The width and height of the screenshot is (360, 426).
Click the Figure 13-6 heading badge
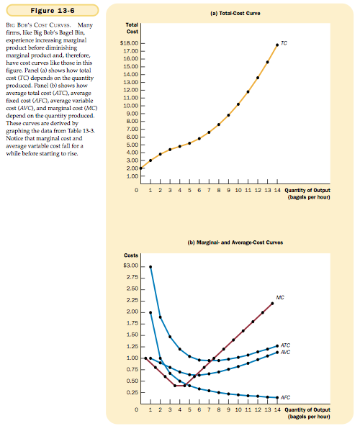click(x=53, y=11)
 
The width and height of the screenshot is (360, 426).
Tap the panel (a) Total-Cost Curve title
click(x=235, y=13)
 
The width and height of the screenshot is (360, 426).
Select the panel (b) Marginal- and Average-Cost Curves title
click(x=235, y=243)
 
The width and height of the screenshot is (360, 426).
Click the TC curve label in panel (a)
click(x=284, y=43)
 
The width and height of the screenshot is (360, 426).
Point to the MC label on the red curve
click(x=280, y=297)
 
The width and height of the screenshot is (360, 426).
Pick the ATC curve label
click(x=285, y=345)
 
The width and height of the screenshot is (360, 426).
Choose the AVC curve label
click(x=285, y=352)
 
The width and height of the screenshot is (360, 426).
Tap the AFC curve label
click(x=285, y=397)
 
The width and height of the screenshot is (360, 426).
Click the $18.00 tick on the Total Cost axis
click(x=129, y=43)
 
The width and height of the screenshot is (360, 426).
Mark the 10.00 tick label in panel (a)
click(x=131, y=106)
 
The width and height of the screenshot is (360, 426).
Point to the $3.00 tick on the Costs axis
click(x=131, y=266)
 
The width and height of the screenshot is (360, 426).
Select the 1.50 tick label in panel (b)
click(x=132, y=335)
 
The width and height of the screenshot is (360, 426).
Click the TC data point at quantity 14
click(x=277, y=45)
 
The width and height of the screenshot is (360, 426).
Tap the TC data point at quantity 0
click(x=140, y=168)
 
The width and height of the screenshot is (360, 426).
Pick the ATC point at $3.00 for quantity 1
click(x=150, y=267)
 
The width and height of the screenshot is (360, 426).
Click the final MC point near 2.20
click(x=272, y=303)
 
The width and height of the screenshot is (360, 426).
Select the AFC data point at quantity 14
click(x=277, y=397)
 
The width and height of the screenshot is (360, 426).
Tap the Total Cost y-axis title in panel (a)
click(x=132, y=28)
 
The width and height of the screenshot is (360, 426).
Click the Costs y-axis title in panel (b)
click(x=131, y=255)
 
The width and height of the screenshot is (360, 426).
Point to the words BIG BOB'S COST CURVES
click(x=38, y=25)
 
